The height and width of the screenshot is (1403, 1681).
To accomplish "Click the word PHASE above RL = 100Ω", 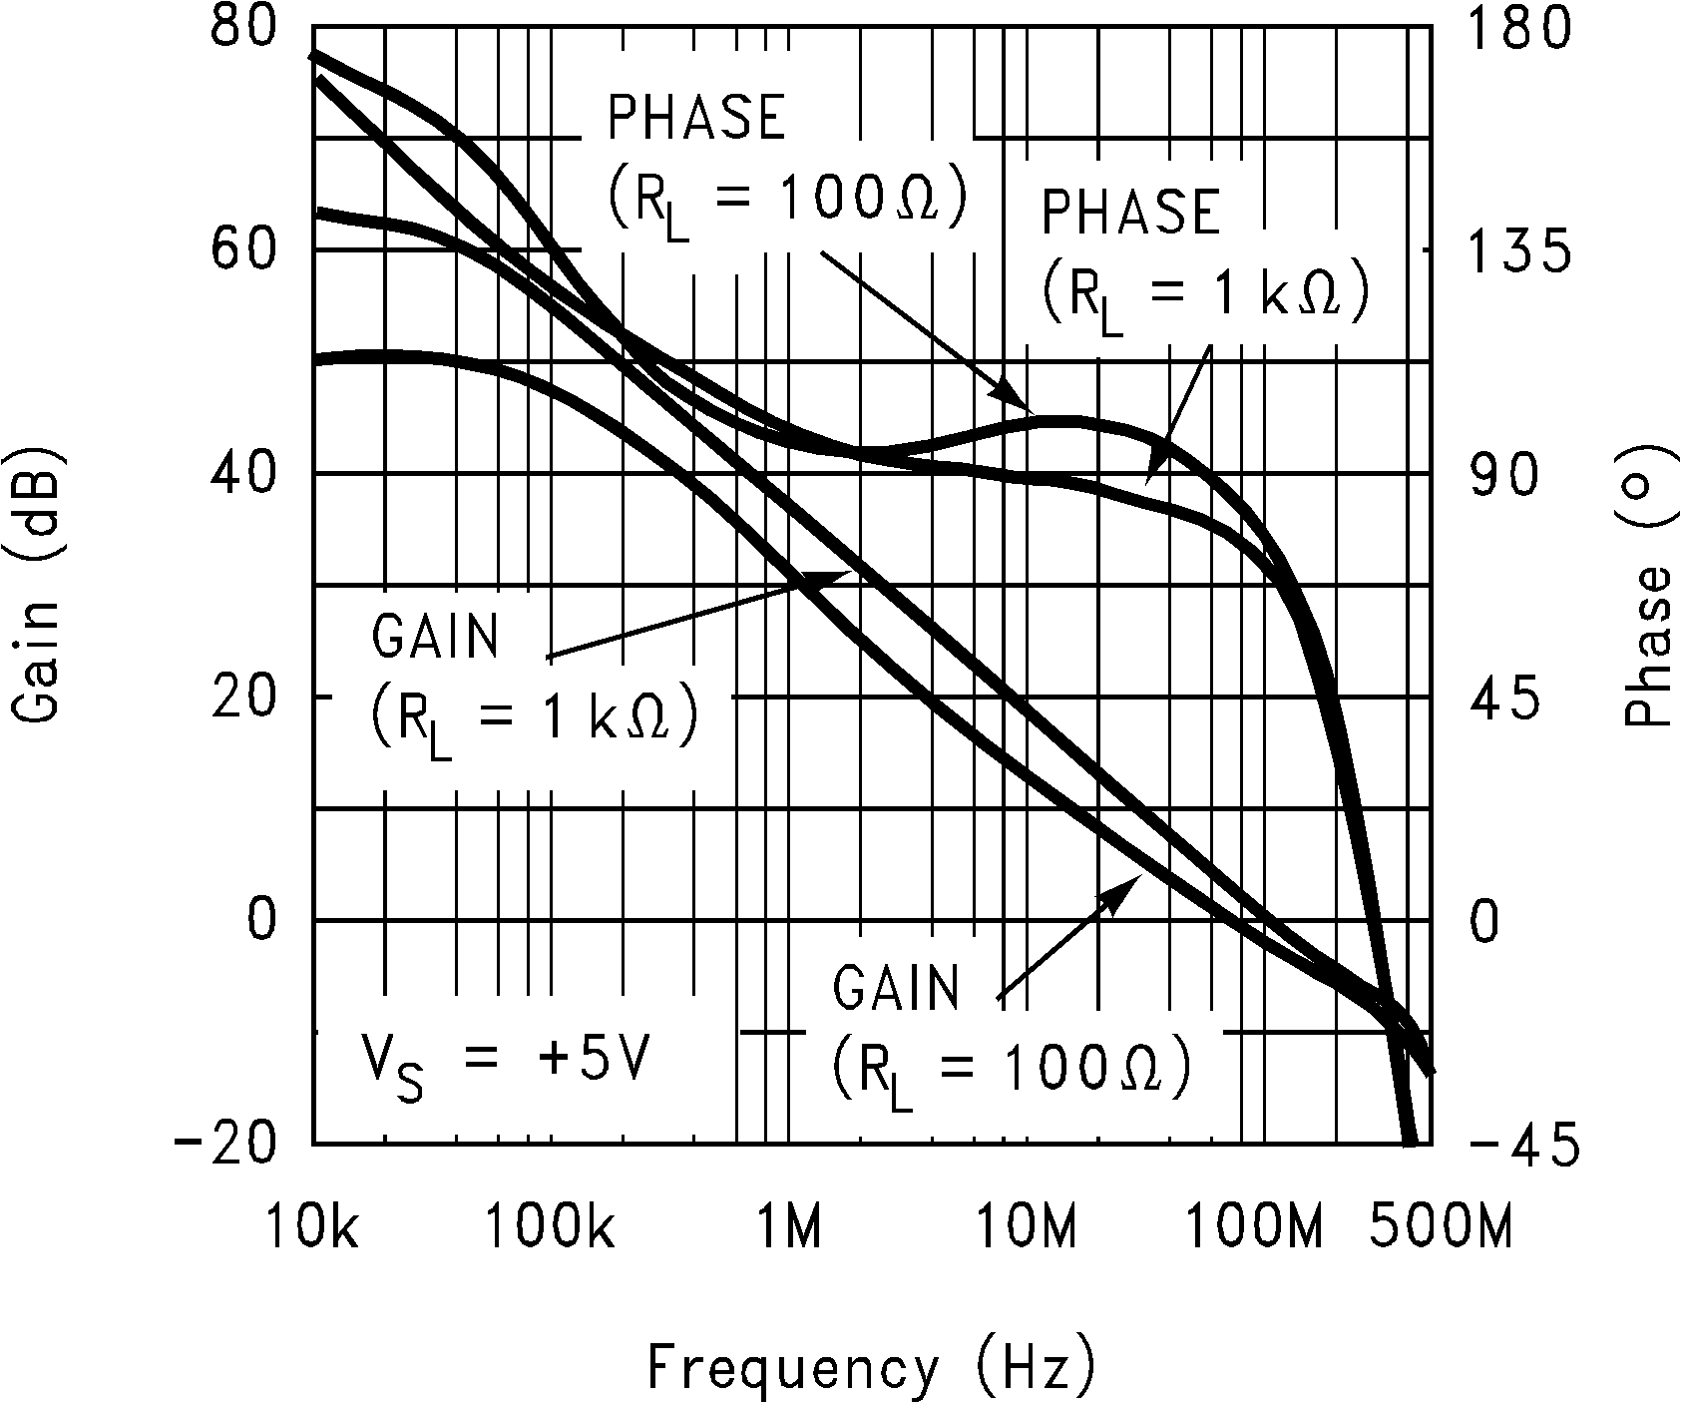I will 697,118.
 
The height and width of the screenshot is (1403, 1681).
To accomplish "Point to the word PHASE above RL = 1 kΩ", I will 1130,212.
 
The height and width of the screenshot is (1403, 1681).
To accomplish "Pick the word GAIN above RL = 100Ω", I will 896,989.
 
